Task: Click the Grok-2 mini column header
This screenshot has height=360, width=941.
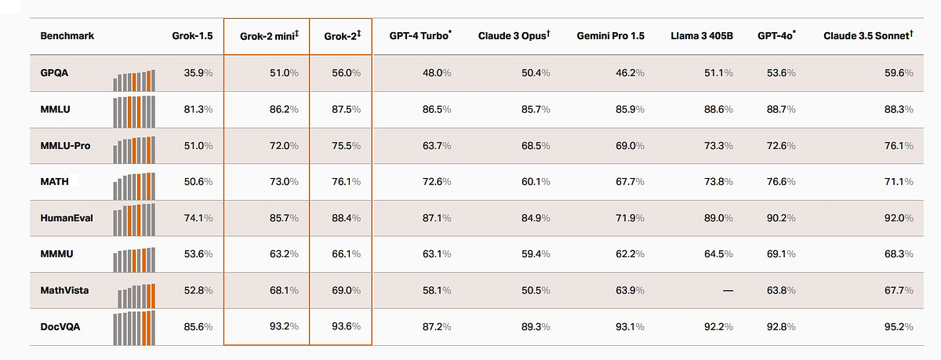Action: point(269,36)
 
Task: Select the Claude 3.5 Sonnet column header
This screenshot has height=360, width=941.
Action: point(868,35)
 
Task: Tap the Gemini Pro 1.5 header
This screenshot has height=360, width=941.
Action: point(610,36)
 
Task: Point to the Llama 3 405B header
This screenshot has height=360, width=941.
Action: point(702,36)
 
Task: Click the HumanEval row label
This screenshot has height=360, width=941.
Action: point(67,218)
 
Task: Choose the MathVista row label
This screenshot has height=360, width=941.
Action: point(64,290)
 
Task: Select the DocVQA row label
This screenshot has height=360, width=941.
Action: point(60,327)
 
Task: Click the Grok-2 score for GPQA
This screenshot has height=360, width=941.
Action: point(346,73)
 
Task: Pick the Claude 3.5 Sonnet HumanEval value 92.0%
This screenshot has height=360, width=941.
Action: point(899,218)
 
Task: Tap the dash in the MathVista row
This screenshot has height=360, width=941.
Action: point(728,290)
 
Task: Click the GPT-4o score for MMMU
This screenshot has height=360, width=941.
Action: point(781,254)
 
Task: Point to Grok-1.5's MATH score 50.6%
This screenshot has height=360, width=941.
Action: point(198,181)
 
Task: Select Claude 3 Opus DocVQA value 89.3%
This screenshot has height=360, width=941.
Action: point(536,327)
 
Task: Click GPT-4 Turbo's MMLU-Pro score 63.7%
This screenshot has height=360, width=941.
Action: point(437,146)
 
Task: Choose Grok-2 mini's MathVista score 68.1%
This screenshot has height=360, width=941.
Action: point(284,290)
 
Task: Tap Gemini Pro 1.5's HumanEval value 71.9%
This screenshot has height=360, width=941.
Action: point(630,218)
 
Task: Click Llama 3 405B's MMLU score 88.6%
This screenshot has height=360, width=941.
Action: point(718,109)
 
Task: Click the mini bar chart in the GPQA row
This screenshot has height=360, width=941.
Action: point(134,80)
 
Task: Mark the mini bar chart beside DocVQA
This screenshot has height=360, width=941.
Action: point(134,328)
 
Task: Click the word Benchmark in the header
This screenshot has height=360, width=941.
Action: point(67,36)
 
